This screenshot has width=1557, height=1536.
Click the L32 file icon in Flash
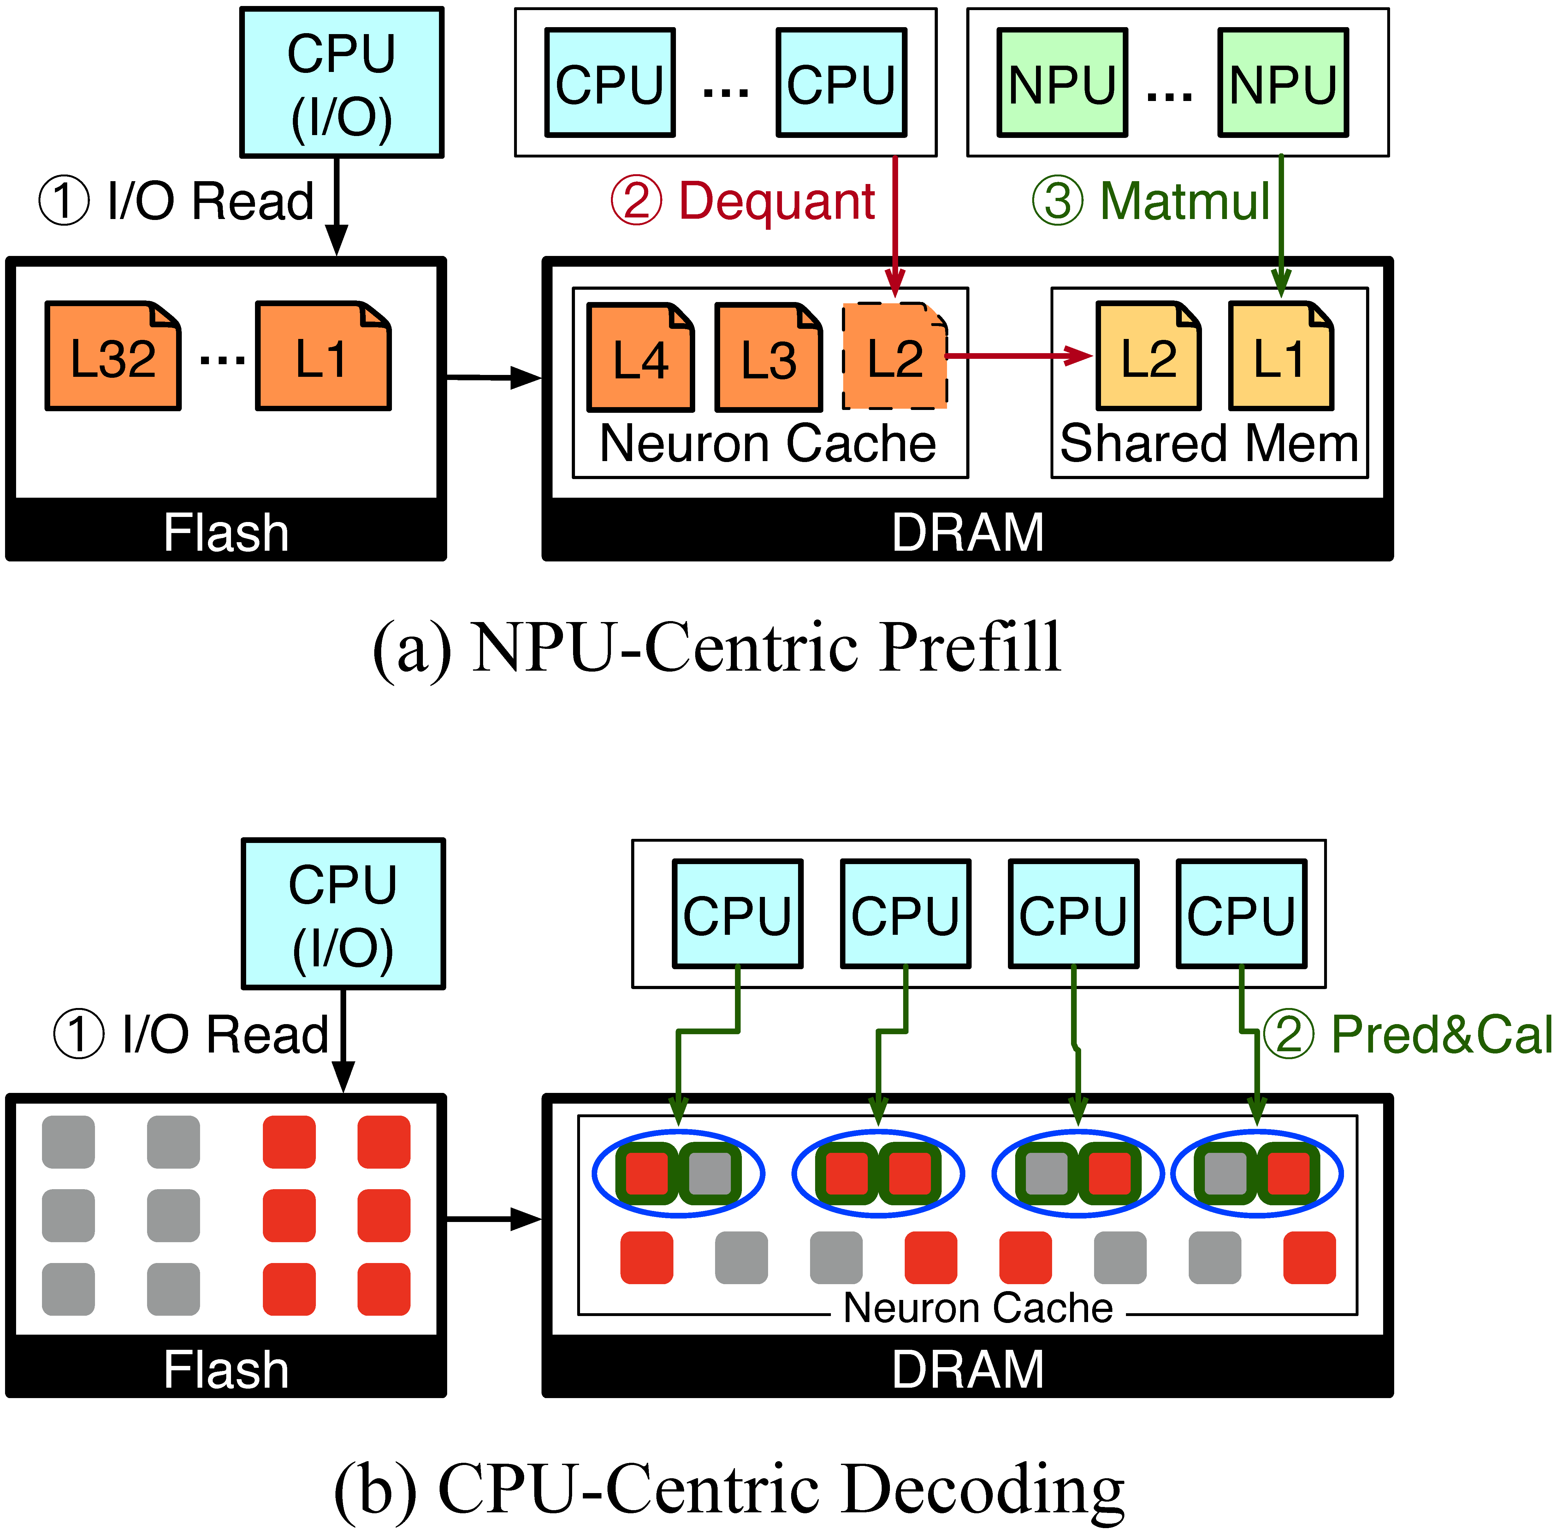tap(113, 356)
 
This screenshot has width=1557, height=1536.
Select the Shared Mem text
tap(1209, 444)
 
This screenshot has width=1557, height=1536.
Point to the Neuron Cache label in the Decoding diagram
tap(978, 1307)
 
